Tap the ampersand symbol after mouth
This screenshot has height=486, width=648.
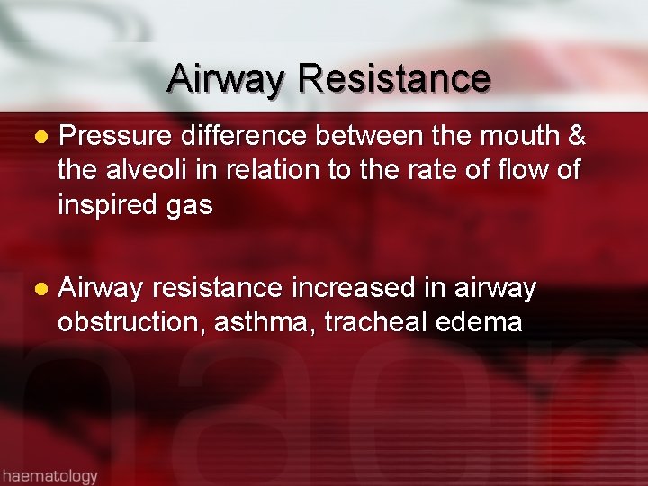point(577,137)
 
